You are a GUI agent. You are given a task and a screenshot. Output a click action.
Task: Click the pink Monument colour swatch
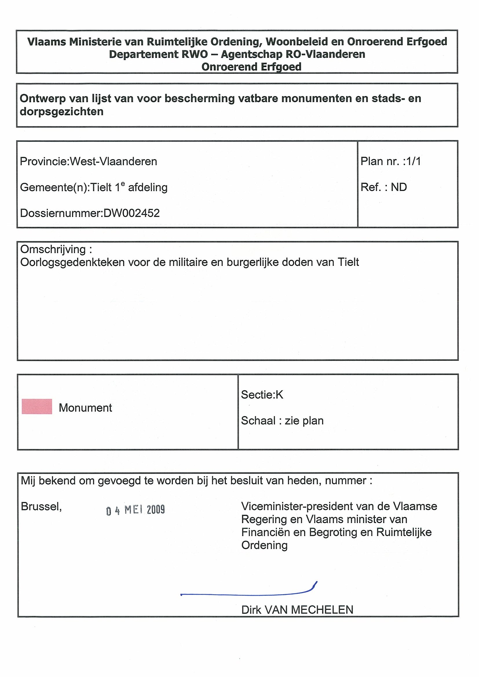coord(37,406)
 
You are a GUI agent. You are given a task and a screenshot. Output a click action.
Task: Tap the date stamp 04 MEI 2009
coord(136,510)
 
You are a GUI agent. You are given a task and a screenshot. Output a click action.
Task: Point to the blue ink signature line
coord(248,593)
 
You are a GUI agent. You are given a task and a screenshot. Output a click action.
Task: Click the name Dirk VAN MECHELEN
coord(297,610)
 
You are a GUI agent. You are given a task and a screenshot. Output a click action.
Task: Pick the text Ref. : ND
coord(384,187)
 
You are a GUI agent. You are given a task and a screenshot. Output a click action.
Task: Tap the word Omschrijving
coord(53,249)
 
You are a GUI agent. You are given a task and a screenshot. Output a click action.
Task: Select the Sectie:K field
coord(262,395)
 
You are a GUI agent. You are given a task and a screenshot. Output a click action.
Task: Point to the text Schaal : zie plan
coord(282,420)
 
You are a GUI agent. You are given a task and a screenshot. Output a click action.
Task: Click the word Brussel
coord(41,507)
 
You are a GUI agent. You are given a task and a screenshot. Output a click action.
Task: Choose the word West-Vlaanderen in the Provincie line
coord(113,162)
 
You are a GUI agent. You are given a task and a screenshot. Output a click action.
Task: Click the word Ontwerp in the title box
coord(43,98)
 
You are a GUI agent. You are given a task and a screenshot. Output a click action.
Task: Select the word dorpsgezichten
coord(61,112)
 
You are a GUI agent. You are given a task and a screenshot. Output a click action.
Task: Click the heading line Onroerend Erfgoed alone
coord(251,67)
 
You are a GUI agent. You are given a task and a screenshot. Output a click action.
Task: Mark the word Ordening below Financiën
coord(264,545)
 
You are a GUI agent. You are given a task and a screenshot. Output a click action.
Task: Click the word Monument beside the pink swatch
coord(85,408)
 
